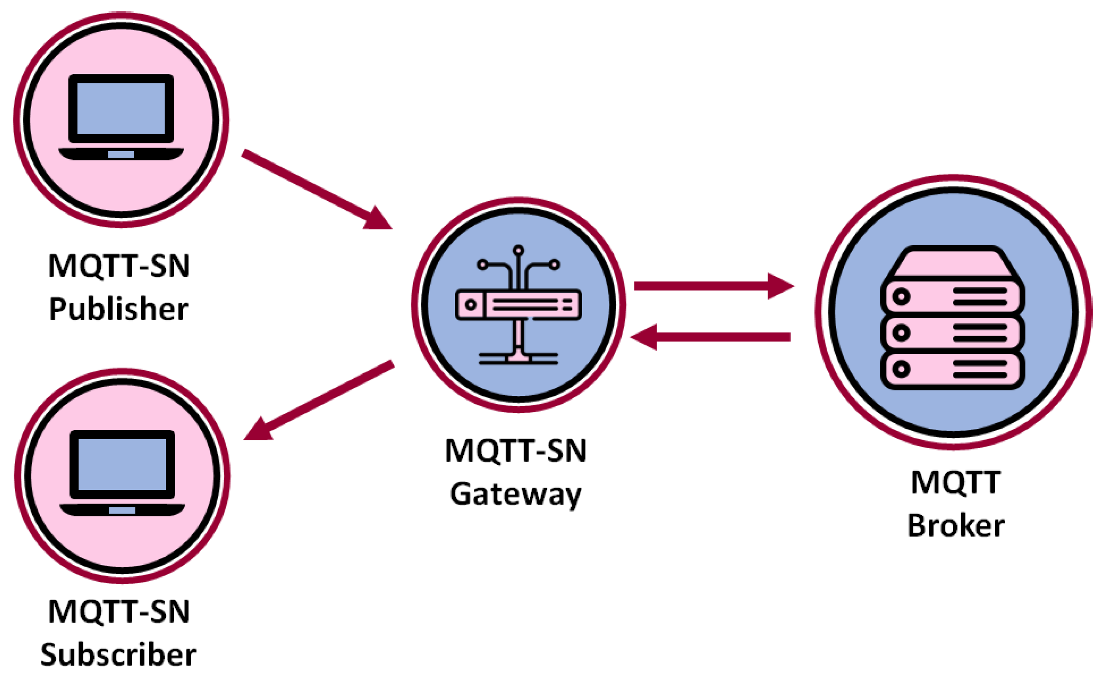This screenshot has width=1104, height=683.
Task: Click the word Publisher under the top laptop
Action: [x=119, y=309]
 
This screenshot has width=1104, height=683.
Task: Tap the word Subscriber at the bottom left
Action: [x=118, y=655]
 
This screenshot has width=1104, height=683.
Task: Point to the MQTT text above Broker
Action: [x=956, y=482]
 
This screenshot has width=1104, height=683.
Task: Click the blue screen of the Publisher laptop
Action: [x=121, y=109]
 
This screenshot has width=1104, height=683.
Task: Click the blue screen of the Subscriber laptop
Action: [x=122, y=465]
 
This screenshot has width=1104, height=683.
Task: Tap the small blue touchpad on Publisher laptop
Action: [x=121, y=154]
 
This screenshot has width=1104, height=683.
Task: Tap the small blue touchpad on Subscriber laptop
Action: [x=122, y=510]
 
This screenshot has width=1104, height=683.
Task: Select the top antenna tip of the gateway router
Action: [x=519, y=250]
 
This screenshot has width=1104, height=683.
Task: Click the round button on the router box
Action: [x=471, y=305]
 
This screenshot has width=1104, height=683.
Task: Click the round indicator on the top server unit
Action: [x=901, y=297]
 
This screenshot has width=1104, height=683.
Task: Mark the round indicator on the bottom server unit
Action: [x=901, y=369]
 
